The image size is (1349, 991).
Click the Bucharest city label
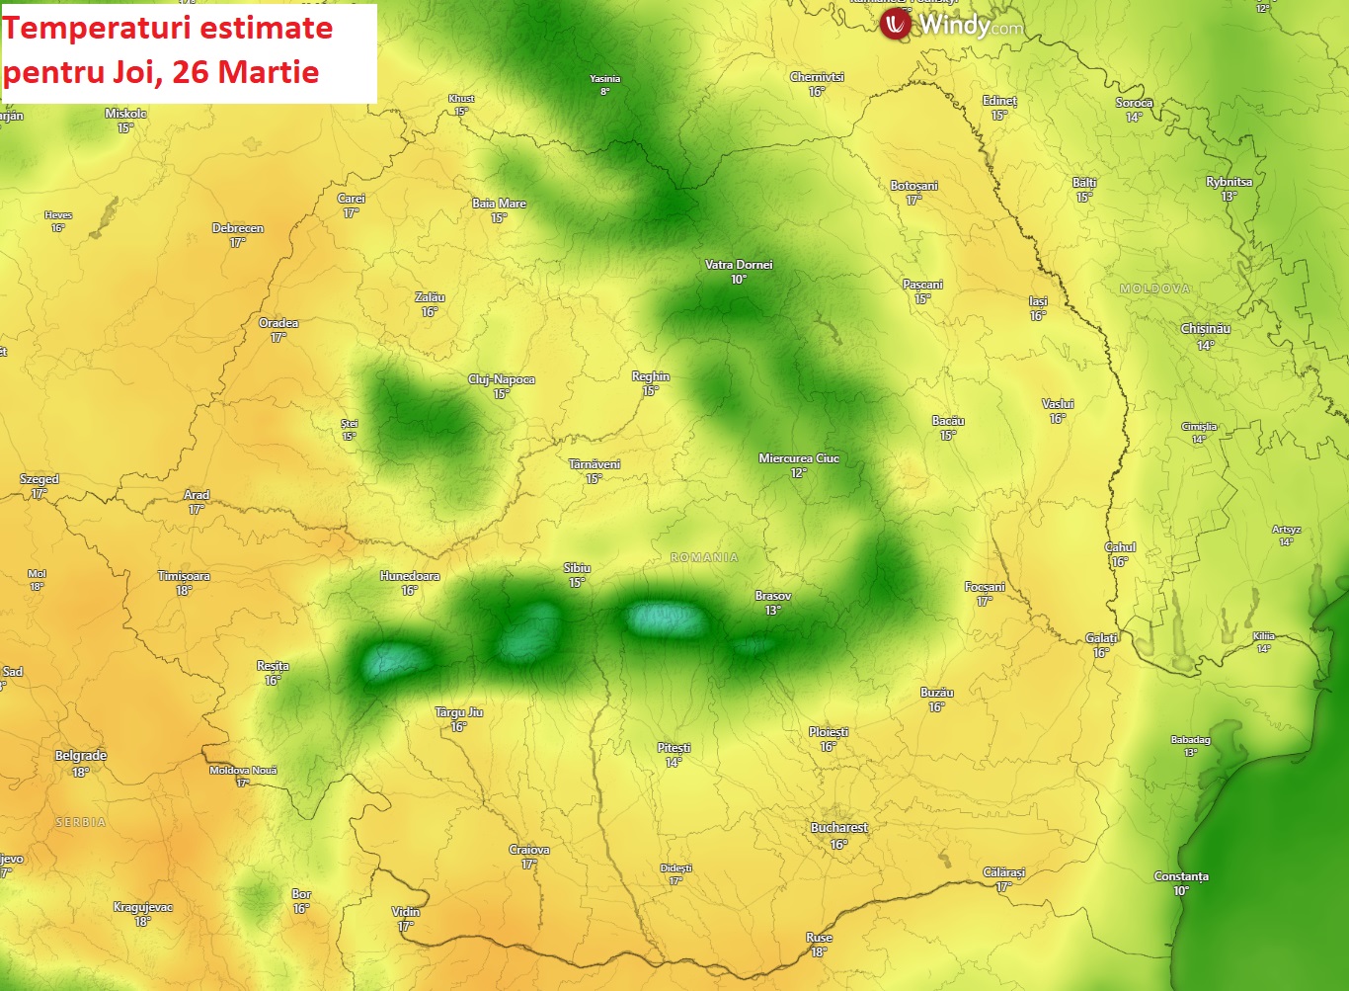[838, 828]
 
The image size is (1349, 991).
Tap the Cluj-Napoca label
[501, 379]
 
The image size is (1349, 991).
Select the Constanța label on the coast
[1181, 876]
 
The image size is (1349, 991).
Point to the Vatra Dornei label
[738, 265]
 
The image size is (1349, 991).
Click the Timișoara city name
[184, 576]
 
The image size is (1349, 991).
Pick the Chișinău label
[1205, 329]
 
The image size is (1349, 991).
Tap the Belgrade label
[80, 756]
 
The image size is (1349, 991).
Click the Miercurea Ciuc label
[798, 458]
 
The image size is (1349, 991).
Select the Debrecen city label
[237, 228]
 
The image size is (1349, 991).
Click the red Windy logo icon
[896, 23]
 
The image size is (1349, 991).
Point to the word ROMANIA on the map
[704, 558]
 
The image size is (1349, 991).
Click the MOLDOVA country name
[1154, 289]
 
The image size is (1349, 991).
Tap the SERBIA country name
[80, 822]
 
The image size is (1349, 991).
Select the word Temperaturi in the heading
[86, 28]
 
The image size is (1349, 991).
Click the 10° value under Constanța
[1181, 891]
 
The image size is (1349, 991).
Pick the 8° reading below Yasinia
[604, 92]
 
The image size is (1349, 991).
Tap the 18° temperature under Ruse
[819, 952]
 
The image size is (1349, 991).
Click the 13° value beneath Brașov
[772, 611]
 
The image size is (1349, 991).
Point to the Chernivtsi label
[817, 77]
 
